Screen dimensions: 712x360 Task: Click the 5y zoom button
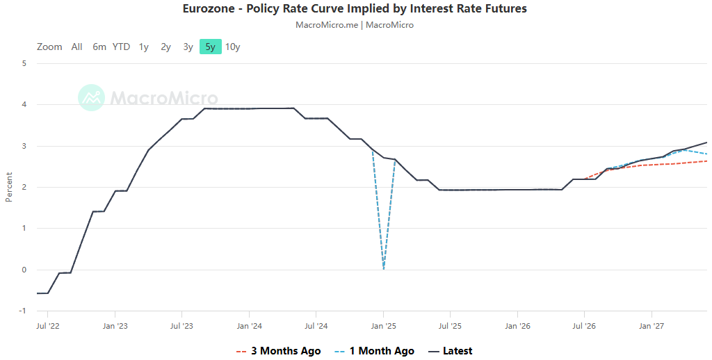210,47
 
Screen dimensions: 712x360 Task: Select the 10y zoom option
232,47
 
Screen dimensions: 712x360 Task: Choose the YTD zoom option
121,47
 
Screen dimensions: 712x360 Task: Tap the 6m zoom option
99,47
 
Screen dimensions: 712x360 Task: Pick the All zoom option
76,47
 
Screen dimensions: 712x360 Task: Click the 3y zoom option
188,47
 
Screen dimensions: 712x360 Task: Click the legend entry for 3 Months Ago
278,351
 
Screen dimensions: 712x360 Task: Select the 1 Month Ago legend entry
374,351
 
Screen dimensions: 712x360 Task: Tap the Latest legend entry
451,351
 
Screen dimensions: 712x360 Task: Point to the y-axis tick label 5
24,63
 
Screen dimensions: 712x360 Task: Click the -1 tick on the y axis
23,311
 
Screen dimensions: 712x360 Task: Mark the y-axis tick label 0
24,270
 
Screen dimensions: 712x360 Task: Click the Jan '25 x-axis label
383,326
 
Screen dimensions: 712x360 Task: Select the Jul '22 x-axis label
48,326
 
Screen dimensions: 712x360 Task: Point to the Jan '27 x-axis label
652,326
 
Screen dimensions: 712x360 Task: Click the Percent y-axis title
9,187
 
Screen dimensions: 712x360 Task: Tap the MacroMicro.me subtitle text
327,25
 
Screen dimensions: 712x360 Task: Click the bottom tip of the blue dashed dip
384,269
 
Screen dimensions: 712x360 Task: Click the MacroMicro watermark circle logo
91,97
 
